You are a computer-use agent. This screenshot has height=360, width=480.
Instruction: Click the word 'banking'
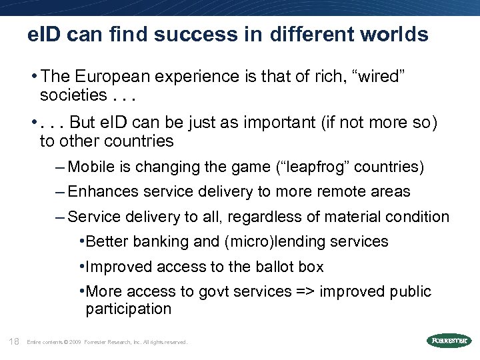pos(155,241)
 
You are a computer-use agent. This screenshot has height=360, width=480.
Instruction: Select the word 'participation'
pos(129,309)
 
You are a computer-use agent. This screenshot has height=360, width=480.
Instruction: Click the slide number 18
pos(13,341)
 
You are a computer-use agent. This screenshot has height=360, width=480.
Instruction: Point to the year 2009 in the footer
pos(75,343)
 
